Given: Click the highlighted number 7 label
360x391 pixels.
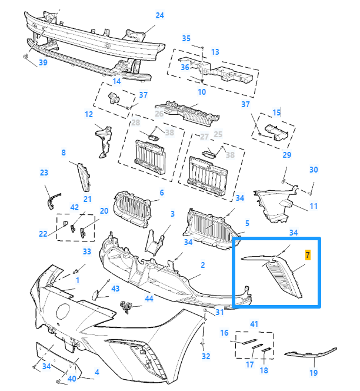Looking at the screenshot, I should pos(307,255).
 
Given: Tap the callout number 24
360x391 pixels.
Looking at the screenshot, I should pos(159,15).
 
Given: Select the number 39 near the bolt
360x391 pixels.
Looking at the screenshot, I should pos(43,63).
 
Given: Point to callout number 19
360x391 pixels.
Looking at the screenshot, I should pos(314,373).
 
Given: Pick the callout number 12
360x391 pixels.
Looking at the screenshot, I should pos(89,114).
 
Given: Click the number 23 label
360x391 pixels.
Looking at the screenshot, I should pos(44,173).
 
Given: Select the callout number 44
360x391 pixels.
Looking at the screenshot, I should pos(149,299).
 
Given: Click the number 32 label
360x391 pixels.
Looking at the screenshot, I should pos(205,356).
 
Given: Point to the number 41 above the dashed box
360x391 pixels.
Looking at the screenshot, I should pos(254,324).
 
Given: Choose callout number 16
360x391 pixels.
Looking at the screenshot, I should pos(224,333).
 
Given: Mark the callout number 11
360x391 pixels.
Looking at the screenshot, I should pos(314,206).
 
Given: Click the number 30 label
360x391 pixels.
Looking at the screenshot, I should pos(314,170).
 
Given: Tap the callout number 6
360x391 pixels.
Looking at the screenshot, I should pos(162,193).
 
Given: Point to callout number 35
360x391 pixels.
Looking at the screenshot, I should pos(186,38).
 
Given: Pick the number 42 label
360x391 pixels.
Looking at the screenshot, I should pos(74,207).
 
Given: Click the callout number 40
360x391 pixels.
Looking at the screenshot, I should pos(72,379).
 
